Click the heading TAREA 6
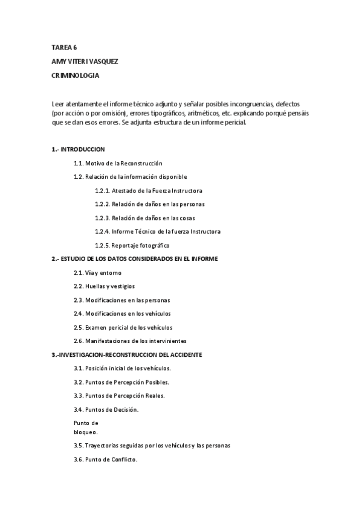(64, 47)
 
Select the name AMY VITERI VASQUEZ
(85, 62)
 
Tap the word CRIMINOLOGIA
(75, 76)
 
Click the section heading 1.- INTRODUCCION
(79, 149)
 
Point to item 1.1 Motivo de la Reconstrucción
(118, 164)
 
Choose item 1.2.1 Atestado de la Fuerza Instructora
(149, 191)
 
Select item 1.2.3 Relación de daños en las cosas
(144, 218)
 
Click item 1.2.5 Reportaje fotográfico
(132, 245)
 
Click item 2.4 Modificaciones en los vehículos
(122, 313)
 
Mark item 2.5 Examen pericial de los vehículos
(123, 327)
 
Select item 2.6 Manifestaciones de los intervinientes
(130, 341)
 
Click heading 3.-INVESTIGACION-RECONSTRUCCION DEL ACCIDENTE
(127, 354)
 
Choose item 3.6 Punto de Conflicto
(105, 459)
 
